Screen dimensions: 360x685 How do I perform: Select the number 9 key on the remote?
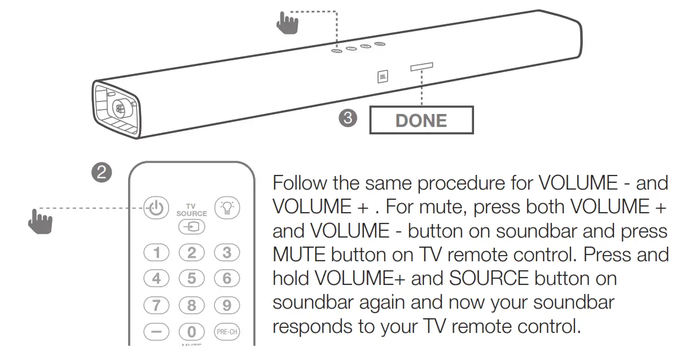[226, 305]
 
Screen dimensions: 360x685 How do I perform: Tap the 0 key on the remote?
[191, 332]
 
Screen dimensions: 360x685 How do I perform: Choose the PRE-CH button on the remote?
[226, 332]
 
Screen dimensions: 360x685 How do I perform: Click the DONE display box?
[421, 120]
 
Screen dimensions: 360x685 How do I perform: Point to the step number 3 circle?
[349, 118]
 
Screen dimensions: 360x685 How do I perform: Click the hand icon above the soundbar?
[287, 23]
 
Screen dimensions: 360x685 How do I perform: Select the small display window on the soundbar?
[421, 67]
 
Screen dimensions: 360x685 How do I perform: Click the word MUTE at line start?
[299, 255]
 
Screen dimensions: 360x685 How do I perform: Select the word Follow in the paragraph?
[303, 183]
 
